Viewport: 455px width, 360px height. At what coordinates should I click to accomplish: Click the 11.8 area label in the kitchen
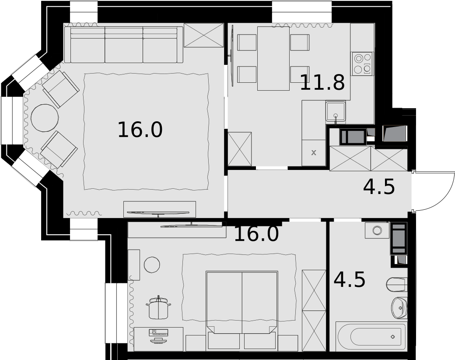click(322, 82)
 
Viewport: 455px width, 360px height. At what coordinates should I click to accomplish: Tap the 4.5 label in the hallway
click(379, 187)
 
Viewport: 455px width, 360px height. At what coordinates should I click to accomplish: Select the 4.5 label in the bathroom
click(350, 279)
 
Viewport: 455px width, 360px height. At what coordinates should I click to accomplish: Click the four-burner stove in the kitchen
click(363, 64)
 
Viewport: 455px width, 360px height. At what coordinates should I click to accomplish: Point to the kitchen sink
click(336, 111)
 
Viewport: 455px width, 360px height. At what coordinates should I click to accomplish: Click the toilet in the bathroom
click(397, 285)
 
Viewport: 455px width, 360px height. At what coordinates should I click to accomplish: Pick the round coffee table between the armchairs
click(45, 118)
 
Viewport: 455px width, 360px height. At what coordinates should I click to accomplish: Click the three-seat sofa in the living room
click(124, 45)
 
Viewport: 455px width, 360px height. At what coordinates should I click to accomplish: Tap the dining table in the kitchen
click(273, 58)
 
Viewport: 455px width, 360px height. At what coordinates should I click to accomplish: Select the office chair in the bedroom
click(158, 307)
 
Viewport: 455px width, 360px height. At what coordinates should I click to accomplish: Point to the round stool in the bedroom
click(152, 265)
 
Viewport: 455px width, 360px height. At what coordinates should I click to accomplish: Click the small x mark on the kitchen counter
click(313, 152)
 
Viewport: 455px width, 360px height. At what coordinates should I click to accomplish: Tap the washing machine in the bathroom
click(377, 230)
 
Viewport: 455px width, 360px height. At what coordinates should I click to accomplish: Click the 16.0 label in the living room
click(140, 130)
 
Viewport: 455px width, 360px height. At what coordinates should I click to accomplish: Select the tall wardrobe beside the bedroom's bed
click(314, 311)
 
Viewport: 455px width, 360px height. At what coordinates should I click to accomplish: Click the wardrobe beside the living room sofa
click(204, 35)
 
